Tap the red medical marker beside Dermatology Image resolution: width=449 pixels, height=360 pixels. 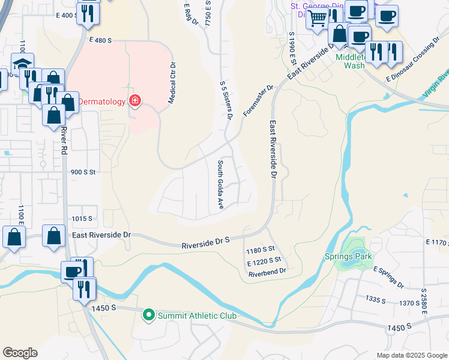[x=134, y=100]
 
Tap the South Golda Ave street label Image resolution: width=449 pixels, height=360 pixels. [x=220, y=184]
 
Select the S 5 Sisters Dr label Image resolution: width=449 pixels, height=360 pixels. [x=225, y=101]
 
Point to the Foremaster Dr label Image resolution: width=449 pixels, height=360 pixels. [x=258, y=100]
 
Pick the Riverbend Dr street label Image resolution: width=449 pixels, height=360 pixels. [x=267, y=271]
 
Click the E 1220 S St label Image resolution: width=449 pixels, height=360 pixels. [x=264, y=260]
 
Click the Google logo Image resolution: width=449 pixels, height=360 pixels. [x=20, y=353]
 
